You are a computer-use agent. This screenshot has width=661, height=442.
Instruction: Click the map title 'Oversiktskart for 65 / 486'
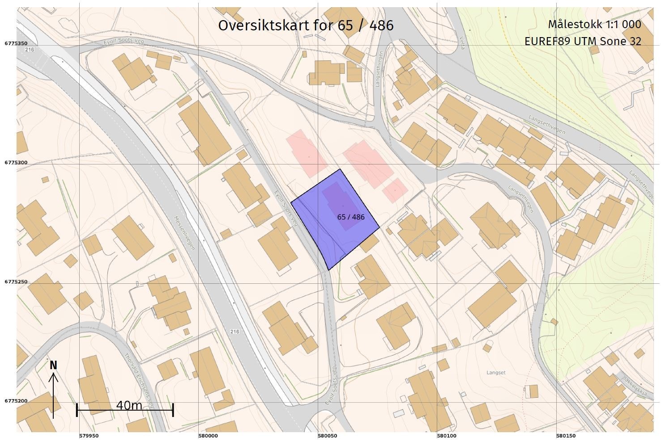306,25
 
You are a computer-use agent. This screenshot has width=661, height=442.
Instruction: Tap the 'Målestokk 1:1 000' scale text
594,25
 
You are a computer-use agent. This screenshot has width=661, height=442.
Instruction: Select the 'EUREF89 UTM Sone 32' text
583,42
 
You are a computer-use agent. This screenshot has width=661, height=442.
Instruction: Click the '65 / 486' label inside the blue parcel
351,217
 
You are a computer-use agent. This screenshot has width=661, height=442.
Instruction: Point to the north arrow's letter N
53,366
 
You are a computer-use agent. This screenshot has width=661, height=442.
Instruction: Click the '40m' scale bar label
129,405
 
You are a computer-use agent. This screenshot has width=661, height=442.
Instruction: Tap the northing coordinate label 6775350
17,43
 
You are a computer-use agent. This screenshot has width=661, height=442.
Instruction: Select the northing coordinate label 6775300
17,163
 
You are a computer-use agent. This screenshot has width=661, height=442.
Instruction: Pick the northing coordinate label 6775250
17,282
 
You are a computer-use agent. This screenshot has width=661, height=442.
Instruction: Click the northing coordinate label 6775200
17,401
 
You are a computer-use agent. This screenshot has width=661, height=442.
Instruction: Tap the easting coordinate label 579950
89,436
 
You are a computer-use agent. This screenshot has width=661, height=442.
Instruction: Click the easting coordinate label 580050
327,436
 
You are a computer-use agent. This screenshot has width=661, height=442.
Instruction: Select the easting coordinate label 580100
447,436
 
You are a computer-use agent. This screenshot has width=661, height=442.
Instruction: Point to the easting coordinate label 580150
566,436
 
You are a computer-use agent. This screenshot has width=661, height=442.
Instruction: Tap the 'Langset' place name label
496,372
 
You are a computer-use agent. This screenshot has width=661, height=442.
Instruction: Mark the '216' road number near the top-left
30,50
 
